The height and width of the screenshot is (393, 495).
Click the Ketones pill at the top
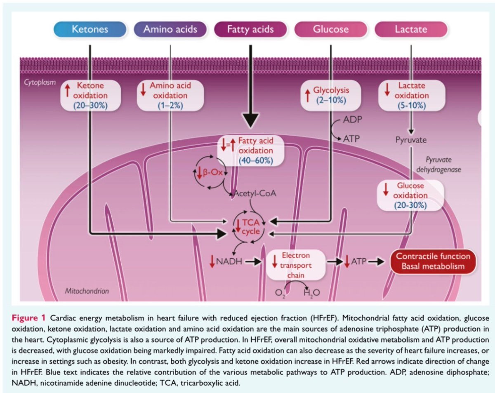(90, 29)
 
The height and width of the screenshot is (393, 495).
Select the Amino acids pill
(170, 29)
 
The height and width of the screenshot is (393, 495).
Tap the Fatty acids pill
(250, 29)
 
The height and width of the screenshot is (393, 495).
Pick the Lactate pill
(411, 29)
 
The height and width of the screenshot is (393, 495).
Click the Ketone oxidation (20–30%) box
(90, 96)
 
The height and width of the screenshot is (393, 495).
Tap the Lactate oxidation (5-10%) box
(411, 96)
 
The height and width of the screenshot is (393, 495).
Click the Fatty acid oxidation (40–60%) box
(251, 151)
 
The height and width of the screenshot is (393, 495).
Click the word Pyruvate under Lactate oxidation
(411, 140)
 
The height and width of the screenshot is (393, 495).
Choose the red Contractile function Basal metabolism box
(433, 261)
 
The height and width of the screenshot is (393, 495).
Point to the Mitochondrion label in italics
(87, 291)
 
